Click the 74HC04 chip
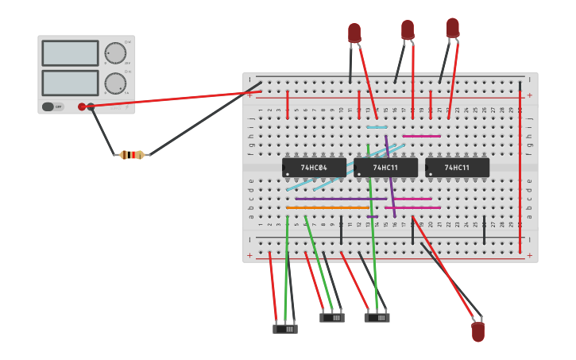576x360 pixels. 314,168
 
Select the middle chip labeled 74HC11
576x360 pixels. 385,168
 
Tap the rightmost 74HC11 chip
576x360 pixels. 457,168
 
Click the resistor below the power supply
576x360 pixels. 132,155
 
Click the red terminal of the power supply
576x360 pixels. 82,106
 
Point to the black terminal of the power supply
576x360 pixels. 91,106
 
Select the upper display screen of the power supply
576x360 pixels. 70,53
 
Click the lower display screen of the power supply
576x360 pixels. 70,83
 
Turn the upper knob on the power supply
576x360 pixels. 116,53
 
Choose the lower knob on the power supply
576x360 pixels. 116,83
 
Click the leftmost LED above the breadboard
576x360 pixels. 354,33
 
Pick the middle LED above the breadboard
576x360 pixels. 408,29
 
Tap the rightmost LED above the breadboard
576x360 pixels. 453,28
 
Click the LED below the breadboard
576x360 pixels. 477,331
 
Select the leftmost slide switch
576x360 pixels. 285,328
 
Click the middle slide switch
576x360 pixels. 332,318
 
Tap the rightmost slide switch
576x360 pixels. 377,318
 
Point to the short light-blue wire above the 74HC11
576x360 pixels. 377,127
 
